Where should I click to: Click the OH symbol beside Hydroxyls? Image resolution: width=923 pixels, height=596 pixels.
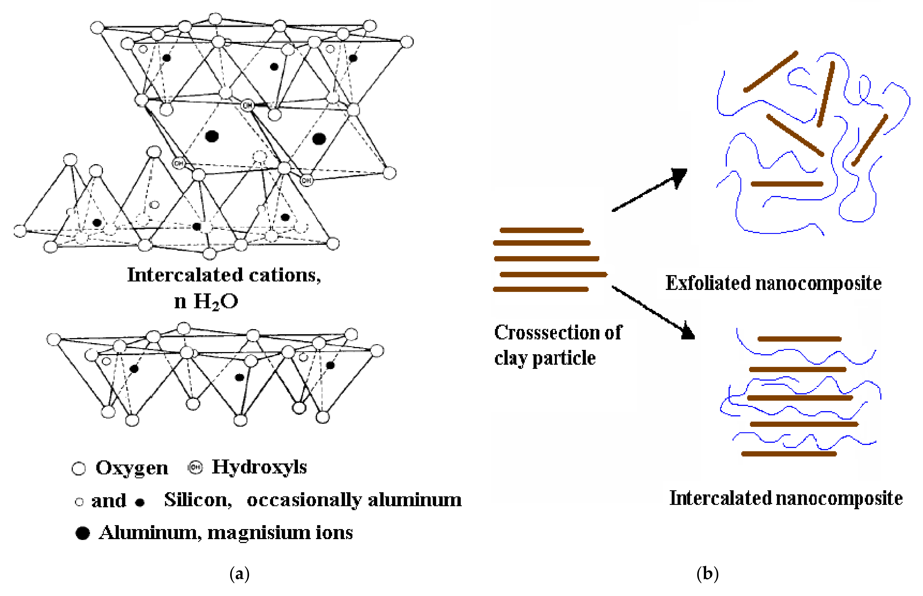(x=195, y=468)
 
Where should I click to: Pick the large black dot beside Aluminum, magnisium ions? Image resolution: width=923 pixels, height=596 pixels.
(x=82, y=533)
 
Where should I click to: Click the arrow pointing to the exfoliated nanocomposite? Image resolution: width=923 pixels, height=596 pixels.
(x=650, y=190)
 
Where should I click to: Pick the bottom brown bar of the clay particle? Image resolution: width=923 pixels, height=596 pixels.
(x=541, y=289)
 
